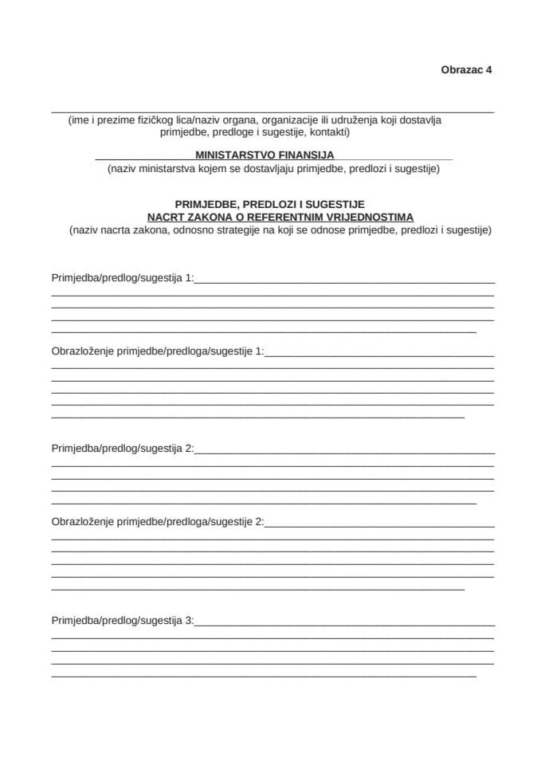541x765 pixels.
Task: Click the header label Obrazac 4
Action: coord(466,69)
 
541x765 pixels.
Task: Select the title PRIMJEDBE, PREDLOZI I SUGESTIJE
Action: coord(269,204)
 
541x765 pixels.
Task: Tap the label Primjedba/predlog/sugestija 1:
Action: coord(123,278)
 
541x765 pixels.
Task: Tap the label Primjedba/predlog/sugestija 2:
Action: coord(123,449)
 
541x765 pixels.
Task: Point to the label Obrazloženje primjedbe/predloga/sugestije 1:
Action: coord(157,351)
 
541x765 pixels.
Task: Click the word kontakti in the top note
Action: coord(328,132)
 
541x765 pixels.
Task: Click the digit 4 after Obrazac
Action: coord(488,69)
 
